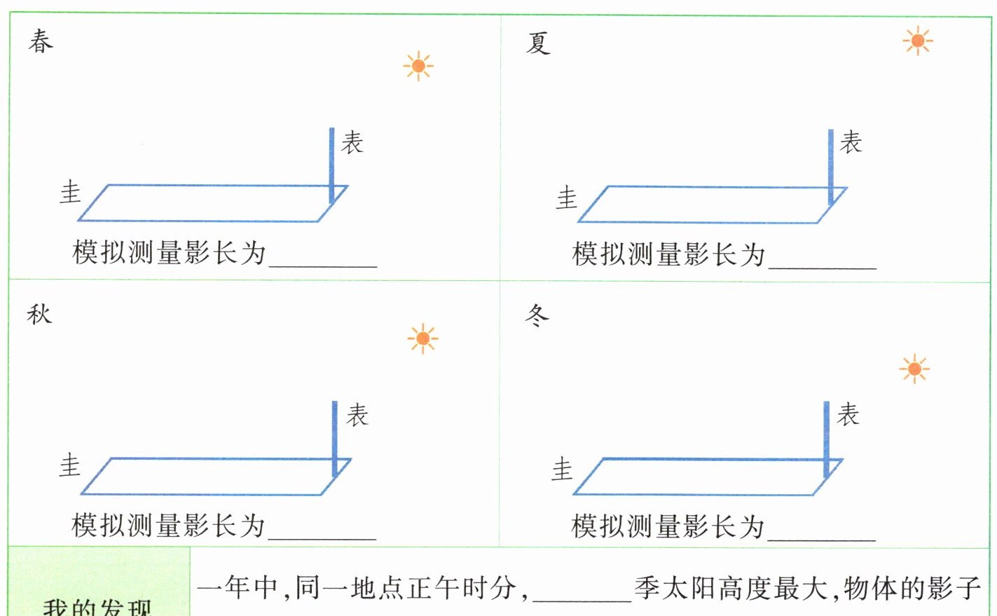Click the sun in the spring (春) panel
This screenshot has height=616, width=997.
[x=418, y=66]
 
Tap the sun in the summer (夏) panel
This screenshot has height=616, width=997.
[x=917, y=41]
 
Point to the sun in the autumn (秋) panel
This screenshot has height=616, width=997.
[x=422, y=339]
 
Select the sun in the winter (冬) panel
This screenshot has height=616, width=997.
[x=914, y=369]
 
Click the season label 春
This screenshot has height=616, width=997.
[x=41, y=41]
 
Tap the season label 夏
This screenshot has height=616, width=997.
[x=537, y=43]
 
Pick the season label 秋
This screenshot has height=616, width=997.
[x=40, y=314]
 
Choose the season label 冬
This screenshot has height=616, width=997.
[x=537, y=316]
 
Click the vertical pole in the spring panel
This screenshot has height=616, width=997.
[x=332, y=165]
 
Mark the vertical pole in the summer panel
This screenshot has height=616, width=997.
[x=830, y=166]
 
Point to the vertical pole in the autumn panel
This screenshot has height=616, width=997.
[x=335, y=437]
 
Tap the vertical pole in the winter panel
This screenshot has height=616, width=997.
[x=827, y=438]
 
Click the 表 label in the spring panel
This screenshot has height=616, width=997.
[x=352, y=142]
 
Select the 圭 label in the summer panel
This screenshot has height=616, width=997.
[x=566, y=198]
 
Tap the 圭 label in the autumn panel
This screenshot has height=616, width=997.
[x=70, y=465]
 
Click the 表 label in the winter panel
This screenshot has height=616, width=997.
[x=848, y=414]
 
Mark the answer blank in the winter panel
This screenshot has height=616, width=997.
[x=821, y=530]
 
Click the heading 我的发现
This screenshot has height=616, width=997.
[x=97, y=606]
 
